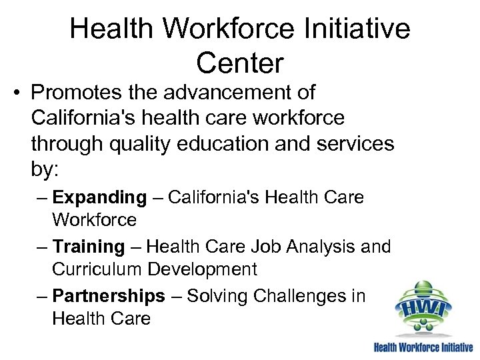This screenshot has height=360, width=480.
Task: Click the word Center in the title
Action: pos(240,63)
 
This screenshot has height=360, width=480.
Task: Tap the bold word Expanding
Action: pos(99,198)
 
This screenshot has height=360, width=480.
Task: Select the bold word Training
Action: pos(89,247)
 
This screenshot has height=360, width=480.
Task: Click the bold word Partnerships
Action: pos(108,296)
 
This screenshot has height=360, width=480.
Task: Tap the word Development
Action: pos(202,269)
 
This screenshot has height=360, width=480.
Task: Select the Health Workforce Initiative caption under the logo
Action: pos(423,347)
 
